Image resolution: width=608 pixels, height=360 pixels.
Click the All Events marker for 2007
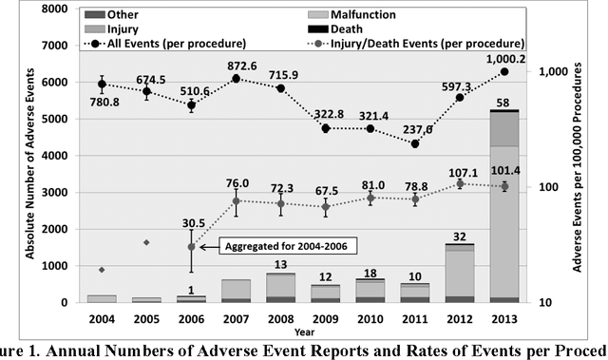pyautogui.click(x=236, y=78)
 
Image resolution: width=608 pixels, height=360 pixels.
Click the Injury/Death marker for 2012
pyautogui.click(x=460, y=183)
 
